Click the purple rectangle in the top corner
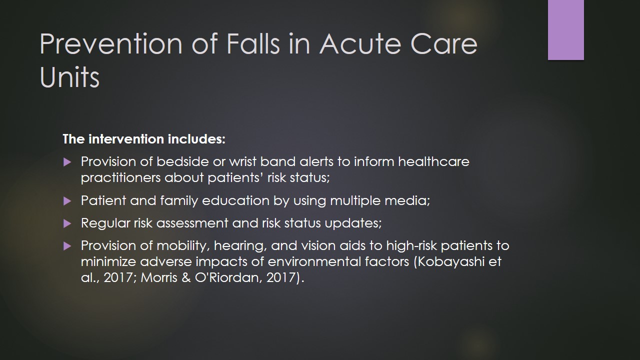565,29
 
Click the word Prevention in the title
111,44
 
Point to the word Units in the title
69,77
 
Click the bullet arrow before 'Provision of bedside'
67,162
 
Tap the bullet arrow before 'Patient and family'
67,201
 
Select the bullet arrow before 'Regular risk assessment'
67,223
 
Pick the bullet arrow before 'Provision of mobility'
67,246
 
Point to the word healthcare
433,161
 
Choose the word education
235,200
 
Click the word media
407,201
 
